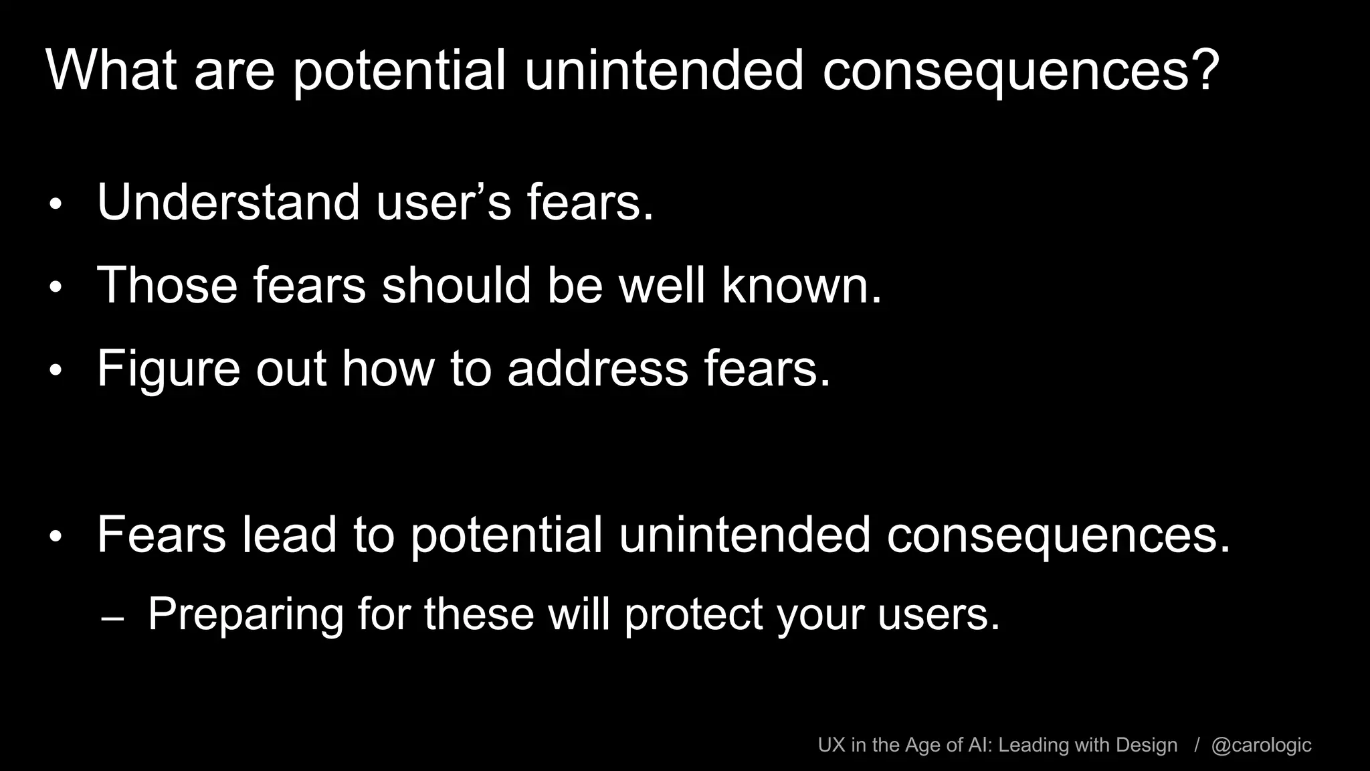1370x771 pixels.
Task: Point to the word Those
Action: (x=167, y=285)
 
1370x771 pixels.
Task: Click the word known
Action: (x=801, y=285)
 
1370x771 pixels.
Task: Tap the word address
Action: (x=597, y=369)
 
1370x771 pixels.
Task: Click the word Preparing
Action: (x=245, y=614)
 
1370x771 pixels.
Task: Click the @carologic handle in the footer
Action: (x=1261, y=745)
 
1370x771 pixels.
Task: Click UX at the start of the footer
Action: (x=831, y=745)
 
